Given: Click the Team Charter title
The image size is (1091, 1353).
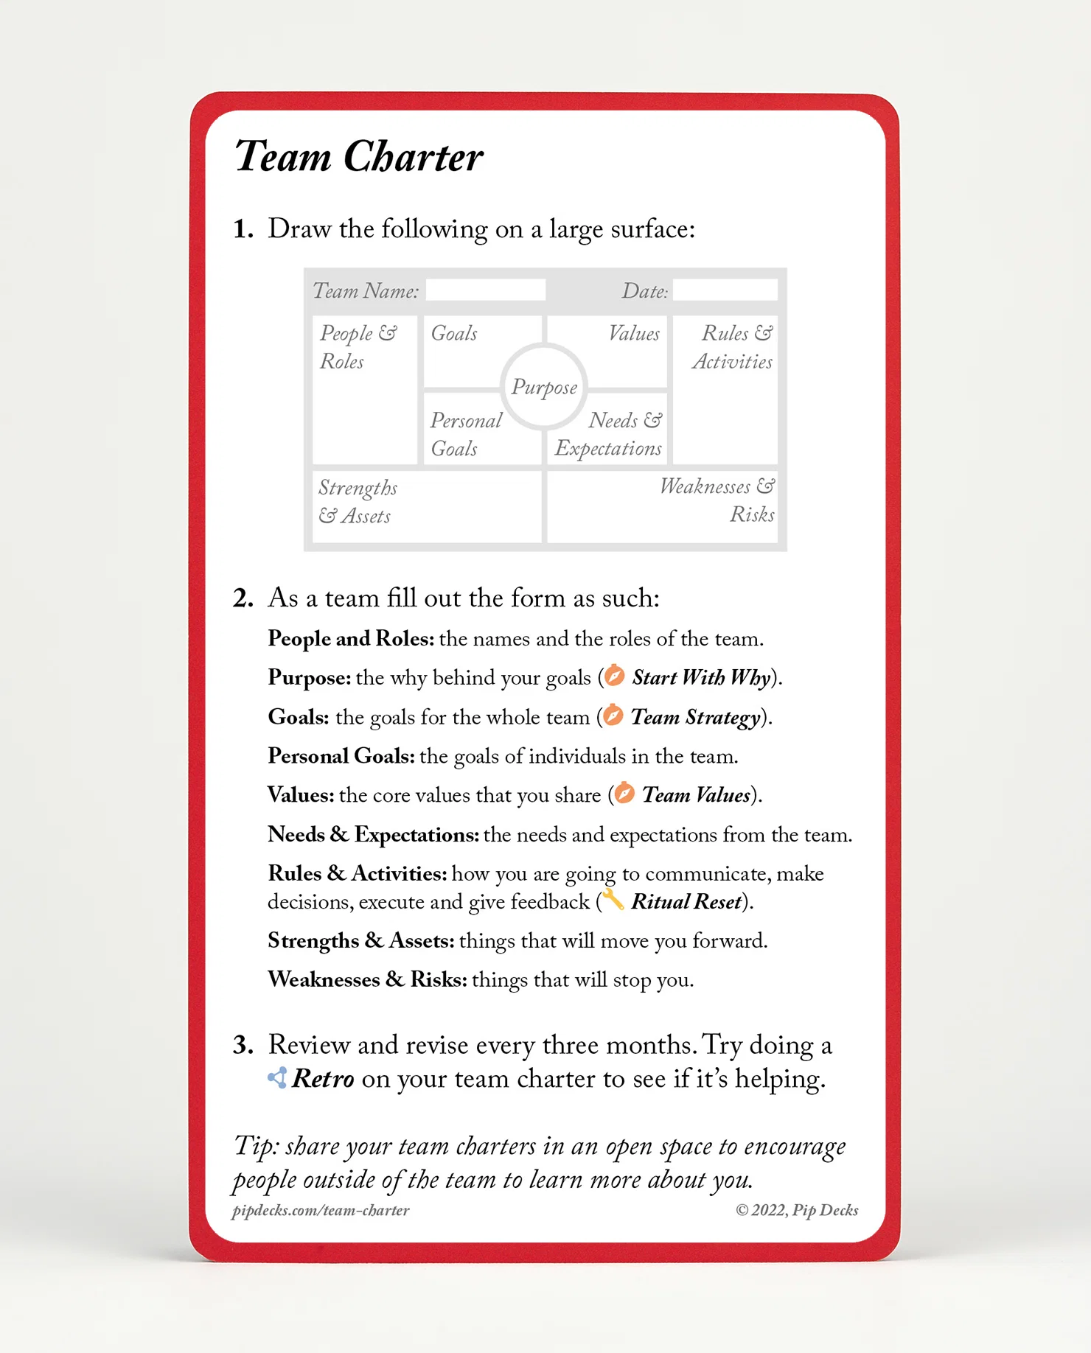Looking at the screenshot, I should (x=358, y=157).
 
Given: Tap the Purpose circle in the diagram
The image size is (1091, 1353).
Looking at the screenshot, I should (x=544, y=387).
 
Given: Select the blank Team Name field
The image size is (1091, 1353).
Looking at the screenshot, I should (x=486, y=290).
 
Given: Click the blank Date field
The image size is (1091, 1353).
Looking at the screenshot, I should (x=725, y=290).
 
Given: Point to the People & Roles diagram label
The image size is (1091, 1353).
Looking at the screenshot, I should (x=358, y=347).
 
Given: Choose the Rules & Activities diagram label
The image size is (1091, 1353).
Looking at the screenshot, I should (x=732, y=347).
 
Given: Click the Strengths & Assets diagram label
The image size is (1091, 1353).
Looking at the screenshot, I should (x=358, y=502).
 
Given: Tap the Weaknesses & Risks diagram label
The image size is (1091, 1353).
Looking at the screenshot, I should (x=717, y=500).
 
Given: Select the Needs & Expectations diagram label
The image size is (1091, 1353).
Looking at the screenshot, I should (x=609, y=434).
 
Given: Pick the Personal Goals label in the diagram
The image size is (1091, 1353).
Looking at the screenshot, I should (x=466, y=434).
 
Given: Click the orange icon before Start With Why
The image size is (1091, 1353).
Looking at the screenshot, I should (x=615, y=676).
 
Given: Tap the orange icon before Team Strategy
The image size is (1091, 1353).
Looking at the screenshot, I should (x=613, y=716).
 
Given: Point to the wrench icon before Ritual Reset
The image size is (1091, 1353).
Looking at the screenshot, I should (x=613, y=900).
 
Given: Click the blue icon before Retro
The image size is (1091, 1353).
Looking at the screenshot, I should (x=277, y=1078).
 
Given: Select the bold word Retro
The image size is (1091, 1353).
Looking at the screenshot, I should (x=324, y=1079).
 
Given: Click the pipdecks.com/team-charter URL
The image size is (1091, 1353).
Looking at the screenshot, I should (x=321, y=1211).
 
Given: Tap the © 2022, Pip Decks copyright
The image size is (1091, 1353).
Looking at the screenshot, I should (x=797, y=1211).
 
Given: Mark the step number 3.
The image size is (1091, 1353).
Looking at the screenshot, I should (x=243, y=1045).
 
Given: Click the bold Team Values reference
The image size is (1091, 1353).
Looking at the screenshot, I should (x=696, y=795).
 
